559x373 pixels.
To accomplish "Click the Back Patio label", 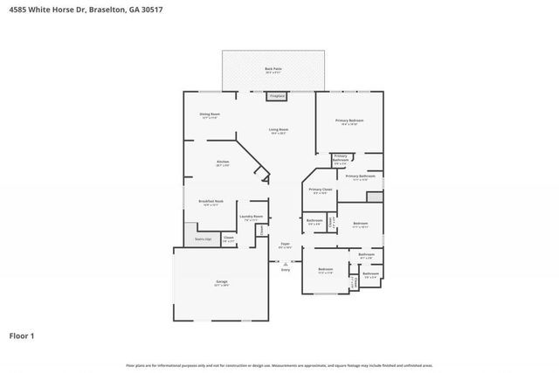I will coord(273,68).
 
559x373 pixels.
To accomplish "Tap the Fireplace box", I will coord(278,95).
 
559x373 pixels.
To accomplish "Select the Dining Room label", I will coord(209,115).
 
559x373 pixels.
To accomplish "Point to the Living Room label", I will coord(279,131).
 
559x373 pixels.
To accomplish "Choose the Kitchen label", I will coord(223,162).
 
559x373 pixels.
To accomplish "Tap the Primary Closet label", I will coord(321,190).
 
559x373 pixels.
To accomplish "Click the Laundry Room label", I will coord(252,218).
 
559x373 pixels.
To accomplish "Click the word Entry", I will coord(285,270).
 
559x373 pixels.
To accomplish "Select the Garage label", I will coord(222,282).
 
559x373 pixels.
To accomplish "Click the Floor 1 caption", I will coord(22,335).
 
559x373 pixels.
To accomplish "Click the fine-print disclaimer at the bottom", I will coord(279,366).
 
